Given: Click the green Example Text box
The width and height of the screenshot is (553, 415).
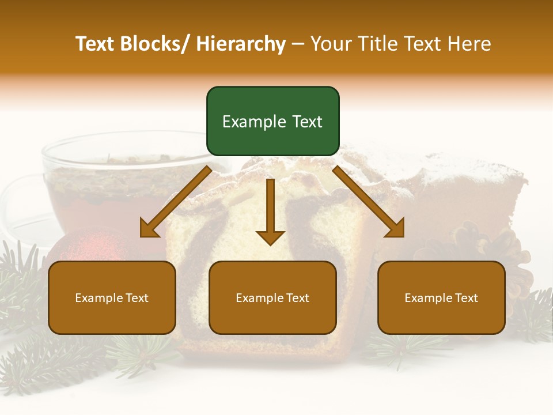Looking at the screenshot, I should (x=272, y=121).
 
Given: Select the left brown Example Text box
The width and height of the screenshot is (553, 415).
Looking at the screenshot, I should (x=112, y=297).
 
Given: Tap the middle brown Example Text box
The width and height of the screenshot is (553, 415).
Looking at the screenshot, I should (x=272, y=297).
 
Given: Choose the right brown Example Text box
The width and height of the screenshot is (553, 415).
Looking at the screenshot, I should (x=441, y=297).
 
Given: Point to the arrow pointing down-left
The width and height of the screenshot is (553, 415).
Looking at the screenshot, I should (x=176, y=202).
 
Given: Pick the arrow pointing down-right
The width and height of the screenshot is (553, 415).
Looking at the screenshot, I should (x=369, y=202).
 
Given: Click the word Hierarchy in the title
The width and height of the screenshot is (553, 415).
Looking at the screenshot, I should (x=240, y=44).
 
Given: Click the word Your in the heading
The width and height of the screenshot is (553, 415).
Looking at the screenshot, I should (x=331, y=44).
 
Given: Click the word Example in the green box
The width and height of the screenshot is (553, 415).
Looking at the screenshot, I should (x=252, y=122).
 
